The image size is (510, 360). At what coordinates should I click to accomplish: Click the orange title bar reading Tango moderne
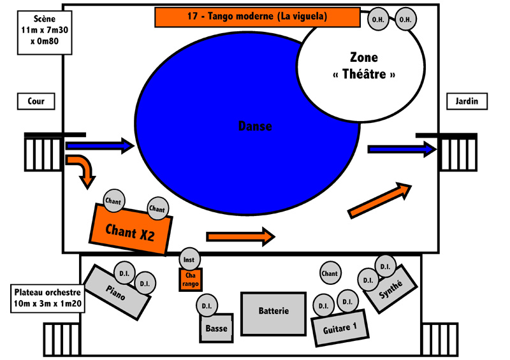(x=258, y=17)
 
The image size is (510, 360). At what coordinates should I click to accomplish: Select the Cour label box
(x=36, y=101)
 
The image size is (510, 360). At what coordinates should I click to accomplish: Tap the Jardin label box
(x=467, y=101)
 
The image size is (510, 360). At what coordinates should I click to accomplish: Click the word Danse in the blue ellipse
(x=255, y=126)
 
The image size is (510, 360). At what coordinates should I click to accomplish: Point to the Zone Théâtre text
(x=364, y=66)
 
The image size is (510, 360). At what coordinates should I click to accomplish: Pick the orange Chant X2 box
(x=131, y=229)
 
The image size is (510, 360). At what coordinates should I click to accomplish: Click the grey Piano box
(x=117, y=292)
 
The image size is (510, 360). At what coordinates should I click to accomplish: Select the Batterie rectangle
(x=273, y=314)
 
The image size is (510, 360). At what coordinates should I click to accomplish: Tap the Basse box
(x=217, y=328)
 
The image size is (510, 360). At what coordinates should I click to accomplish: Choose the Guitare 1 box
(x=340, y=328)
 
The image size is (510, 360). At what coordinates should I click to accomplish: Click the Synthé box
(x=390, y=289)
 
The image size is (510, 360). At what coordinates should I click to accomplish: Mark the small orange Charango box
(x=191, y=280)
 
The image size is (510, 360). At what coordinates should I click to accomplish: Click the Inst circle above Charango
(x=189, y=259)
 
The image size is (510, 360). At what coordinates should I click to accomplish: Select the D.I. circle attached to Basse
(x=207, y=305)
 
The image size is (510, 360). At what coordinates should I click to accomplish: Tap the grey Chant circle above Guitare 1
(x=330, y=273)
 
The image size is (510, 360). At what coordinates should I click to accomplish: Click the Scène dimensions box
(x=45, y=32)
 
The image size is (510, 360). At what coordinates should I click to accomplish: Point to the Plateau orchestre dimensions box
(x=48, y=298)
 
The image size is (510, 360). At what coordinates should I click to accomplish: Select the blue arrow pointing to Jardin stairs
(x=402, y=149)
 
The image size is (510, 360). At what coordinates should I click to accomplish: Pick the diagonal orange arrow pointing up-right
(x=379, y=200)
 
